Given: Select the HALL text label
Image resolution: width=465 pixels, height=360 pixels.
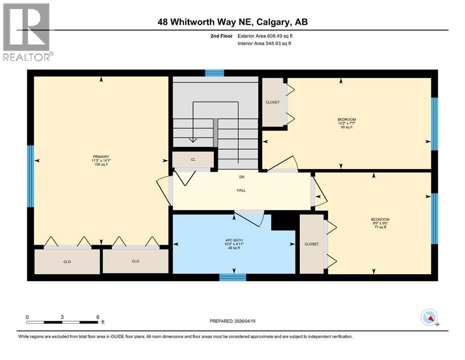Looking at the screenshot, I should click(x=241, y=190).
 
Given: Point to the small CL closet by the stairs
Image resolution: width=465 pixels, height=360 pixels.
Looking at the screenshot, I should click(x=192, y=159).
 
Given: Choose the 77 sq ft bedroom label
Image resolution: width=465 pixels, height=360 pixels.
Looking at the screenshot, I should click(x=380, y=223).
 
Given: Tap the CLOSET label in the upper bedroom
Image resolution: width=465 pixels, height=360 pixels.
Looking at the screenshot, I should click(x=273, y=102).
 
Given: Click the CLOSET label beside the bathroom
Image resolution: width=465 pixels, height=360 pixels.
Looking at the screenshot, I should click(x=311, y=244).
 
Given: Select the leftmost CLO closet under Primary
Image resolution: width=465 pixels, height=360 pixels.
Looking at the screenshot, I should click(x=67, y=262).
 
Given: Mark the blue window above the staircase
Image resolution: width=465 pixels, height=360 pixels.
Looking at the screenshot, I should click(x=214, y=73).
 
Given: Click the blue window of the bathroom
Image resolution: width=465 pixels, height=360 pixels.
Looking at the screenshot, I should click(x=233, y=277).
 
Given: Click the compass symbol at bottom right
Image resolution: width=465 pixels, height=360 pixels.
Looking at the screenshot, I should click(x=429, y=318).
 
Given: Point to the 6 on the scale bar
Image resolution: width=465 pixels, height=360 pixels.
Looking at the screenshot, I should click(x=96, y=316).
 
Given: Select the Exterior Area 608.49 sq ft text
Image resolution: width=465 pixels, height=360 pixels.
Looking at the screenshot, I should click(x=266, y=36).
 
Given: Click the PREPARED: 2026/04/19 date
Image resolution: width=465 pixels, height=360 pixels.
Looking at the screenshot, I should click(x=232, y=321).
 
